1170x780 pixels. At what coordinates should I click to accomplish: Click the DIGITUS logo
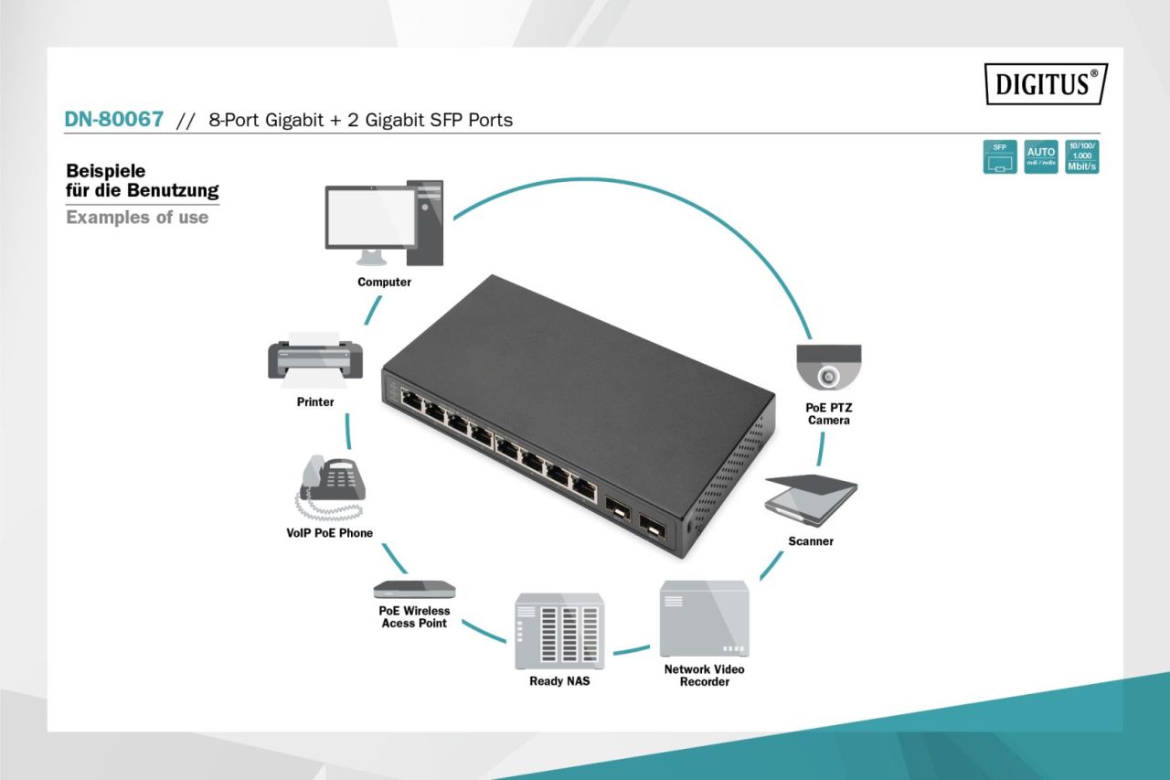pyautogui.click(x=1046, y=83)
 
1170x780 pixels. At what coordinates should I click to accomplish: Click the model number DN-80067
pyautogui.click(x=114, y=119)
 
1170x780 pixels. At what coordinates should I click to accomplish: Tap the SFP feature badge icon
pyautogui.click(x=999, y=157)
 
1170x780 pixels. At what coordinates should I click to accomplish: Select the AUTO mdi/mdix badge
pyautogui.click(x=1040, y=157)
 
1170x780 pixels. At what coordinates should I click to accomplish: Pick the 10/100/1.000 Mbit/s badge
pyautogui.click(x=1082, y=157)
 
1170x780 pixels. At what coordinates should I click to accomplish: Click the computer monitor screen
pyautogui.click(x=369, y=216)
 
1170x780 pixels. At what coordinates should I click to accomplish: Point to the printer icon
pyautogui.click(x=314, y=358)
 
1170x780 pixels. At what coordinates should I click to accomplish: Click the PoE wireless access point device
pyautogui.click(x=413, y=589)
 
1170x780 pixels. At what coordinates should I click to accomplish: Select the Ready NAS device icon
pyautogui.click(x=558, y=631)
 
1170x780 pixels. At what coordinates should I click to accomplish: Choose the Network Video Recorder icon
pyautogui.click(x=704, y=619)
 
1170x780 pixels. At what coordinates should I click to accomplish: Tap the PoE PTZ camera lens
pyautogui.click(x=828, y=376)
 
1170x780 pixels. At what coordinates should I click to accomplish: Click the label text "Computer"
pyautogui.click(x=384, y=283)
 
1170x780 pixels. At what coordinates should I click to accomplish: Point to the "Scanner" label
pyautogui.click(x=811, y=541)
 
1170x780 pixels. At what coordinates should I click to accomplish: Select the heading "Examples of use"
pyautogui.click(x=137, y=218)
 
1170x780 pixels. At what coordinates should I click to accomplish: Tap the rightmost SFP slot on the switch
pyautogui.click(x=652, y=524)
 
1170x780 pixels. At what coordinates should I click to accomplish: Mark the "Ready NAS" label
pyautogui.click(x=559, y=681)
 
